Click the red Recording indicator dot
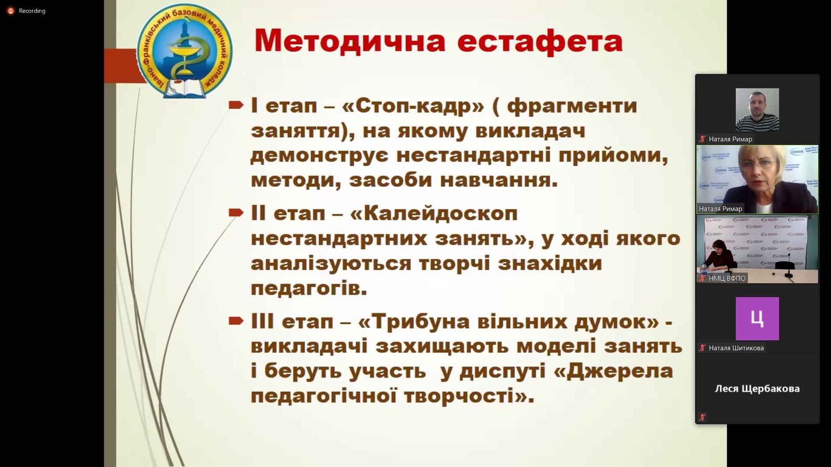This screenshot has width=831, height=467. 11,11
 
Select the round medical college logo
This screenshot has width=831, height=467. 185,51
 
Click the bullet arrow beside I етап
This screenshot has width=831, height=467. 236,105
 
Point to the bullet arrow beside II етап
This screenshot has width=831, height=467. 236,213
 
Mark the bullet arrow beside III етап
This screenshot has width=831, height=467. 236,321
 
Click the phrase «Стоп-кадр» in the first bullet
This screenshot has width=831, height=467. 413,106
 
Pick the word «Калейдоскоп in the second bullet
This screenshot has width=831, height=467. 434,214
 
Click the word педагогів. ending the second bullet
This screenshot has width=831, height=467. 309,289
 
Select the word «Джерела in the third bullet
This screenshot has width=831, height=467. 613,371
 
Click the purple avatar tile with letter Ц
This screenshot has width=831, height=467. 757,319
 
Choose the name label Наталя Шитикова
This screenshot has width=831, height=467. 736,348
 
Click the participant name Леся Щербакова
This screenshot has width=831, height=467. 757,389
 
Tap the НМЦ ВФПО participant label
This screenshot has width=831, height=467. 727,278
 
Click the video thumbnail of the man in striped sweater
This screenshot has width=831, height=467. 757,109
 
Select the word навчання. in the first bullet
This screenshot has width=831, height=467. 499,181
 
